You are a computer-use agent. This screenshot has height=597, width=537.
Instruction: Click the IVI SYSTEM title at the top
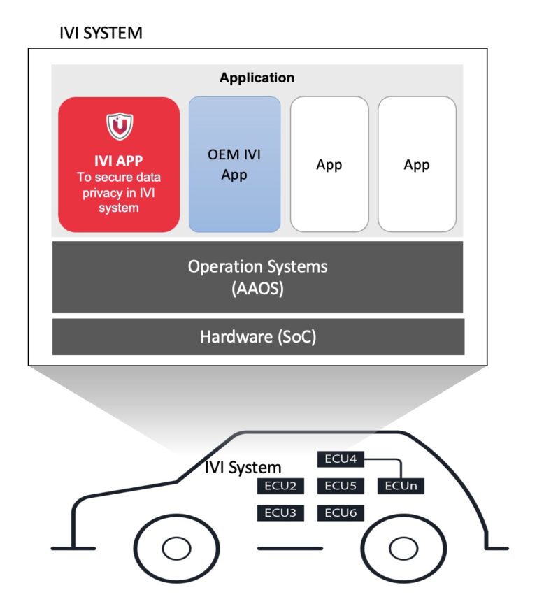[x=102, y=32]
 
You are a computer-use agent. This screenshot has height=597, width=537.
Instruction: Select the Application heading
[x=257, y=78]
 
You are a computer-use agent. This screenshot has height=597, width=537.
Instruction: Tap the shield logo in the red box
[x=119, y=126]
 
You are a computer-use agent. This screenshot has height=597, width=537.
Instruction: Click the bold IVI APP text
[x=119, y=161]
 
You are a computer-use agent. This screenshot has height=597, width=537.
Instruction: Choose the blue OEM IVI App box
[x=234, y=164]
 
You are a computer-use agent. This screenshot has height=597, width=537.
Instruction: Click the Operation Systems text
[x=257, y=266]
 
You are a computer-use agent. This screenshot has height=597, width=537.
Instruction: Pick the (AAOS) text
[x=257, y=289]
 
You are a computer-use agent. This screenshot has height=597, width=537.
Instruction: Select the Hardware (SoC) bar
[x=258, y=337]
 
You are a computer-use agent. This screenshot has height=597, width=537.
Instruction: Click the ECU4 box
[x=341, y=459]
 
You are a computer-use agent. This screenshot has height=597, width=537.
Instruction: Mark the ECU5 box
[x=341, y=486]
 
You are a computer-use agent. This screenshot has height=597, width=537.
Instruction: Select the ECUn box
[x=401, y=486]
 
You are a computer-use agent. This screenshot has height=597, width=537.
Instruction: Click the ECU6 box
[x=341, y=512]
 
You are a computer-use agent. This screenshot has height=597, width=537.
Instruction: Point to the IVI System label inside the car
[x=243, y=467]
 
